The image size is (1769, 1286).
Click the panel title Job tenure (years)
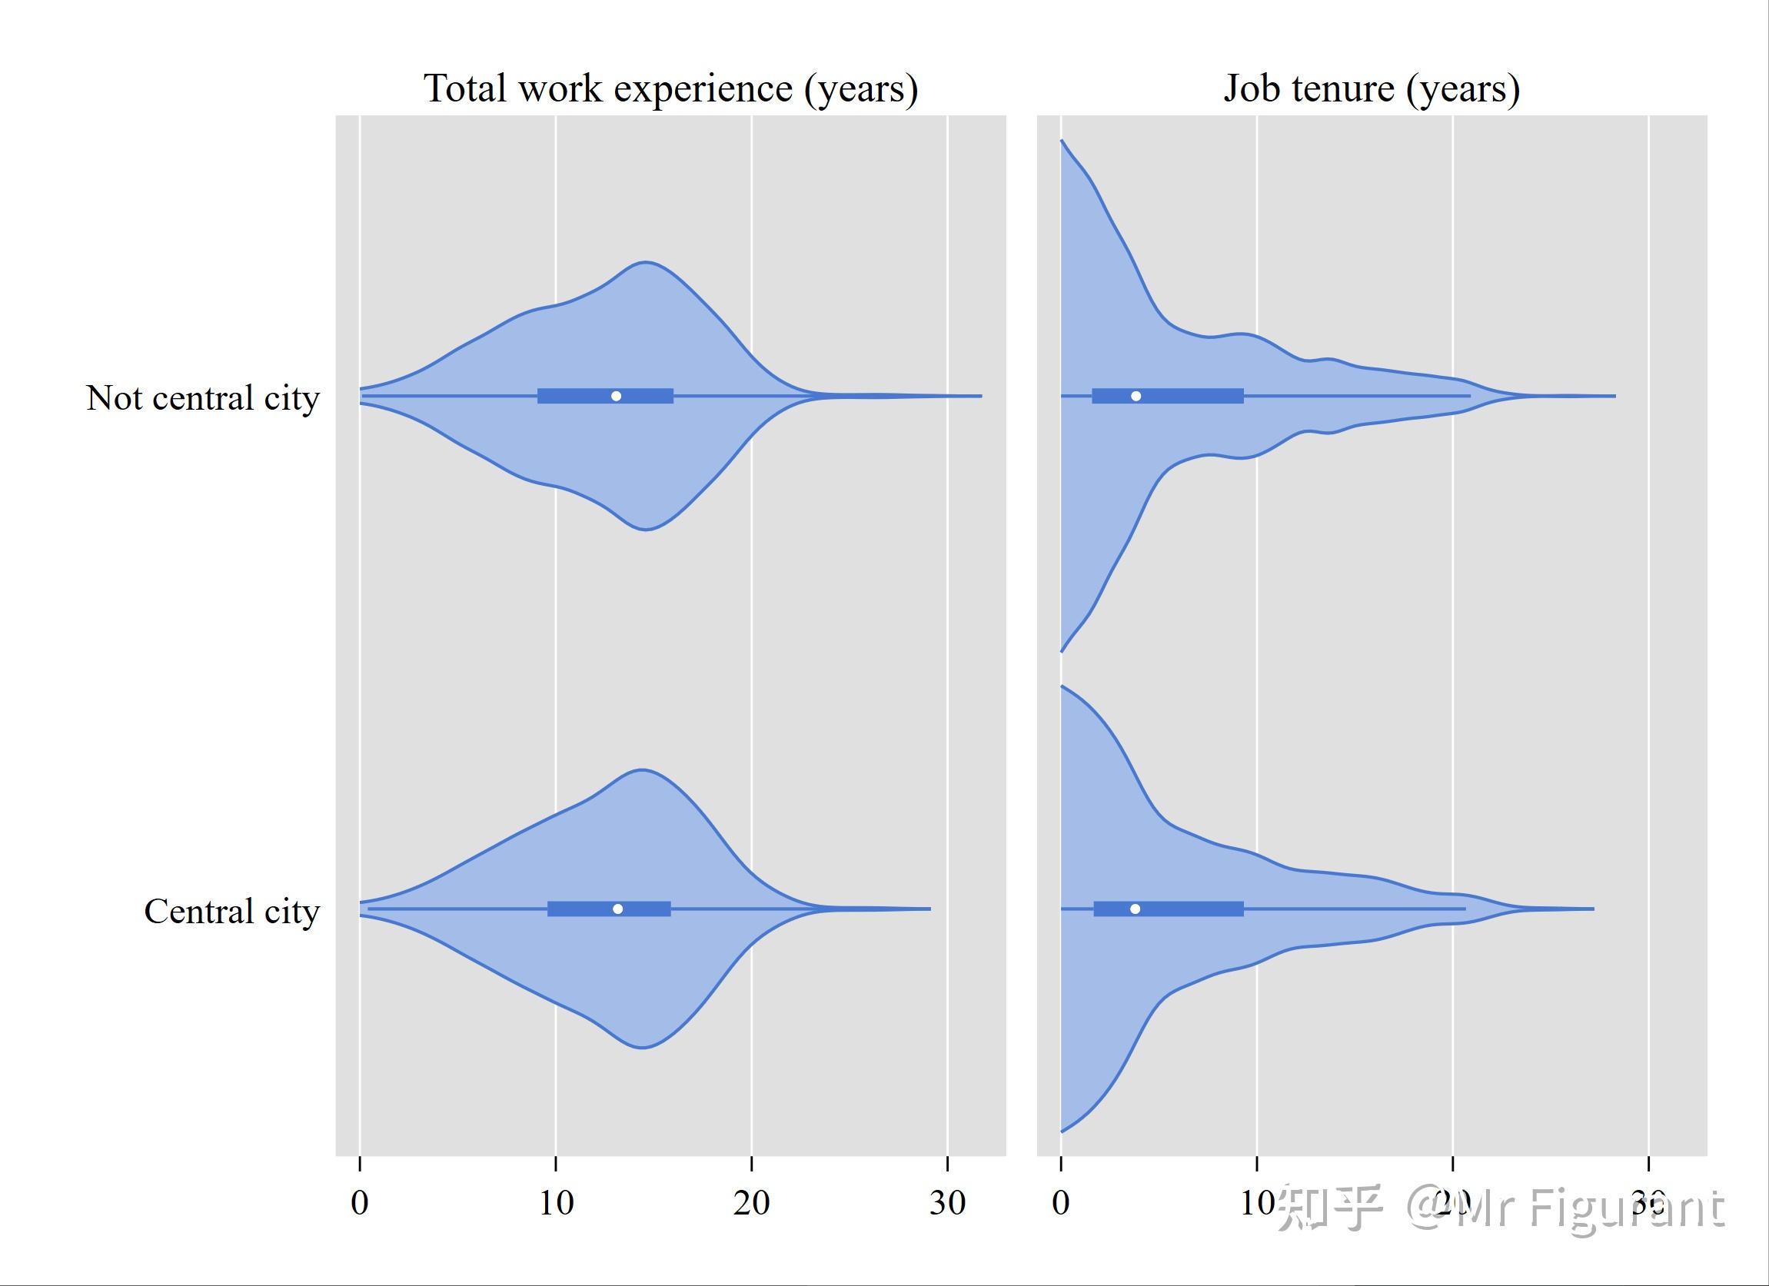click(x=1372, y=88)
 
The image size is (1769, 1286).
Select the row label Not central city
click(x=203, y=397)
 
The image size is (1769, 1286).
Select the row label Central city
click(x=231, y=911)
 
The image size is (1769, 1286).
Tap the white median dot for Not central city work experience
click(x=616, y=396)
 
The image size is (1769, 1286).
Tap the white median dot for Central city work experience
click(x=618, y=909)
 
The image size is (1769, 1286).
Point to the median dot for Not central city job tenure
click(x=1136, y=396)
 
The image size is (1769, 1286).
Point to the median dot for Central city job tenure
click(x=1135, y=909)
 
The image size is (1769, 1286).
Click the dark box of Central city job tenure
click(x=1193, y=909)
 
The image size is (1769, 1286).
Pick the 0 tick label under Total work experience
click(x=360, y=1203)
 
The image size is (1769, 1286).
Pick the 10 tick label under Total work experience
click(x=556, y=1203)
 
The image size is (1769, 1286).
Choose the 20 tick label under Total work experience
click(x=752, y=1203)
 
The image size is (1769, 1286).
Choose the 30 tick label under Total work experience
click(x=948, y=1203)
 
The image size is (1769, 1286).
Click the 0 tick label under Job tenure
click(x=1061, y=1203)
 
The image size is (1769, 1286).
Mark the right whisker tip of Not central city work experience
click(x=981, y=396)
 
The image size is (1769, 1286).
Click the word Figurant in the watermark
click(x=1625, y=1208)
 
